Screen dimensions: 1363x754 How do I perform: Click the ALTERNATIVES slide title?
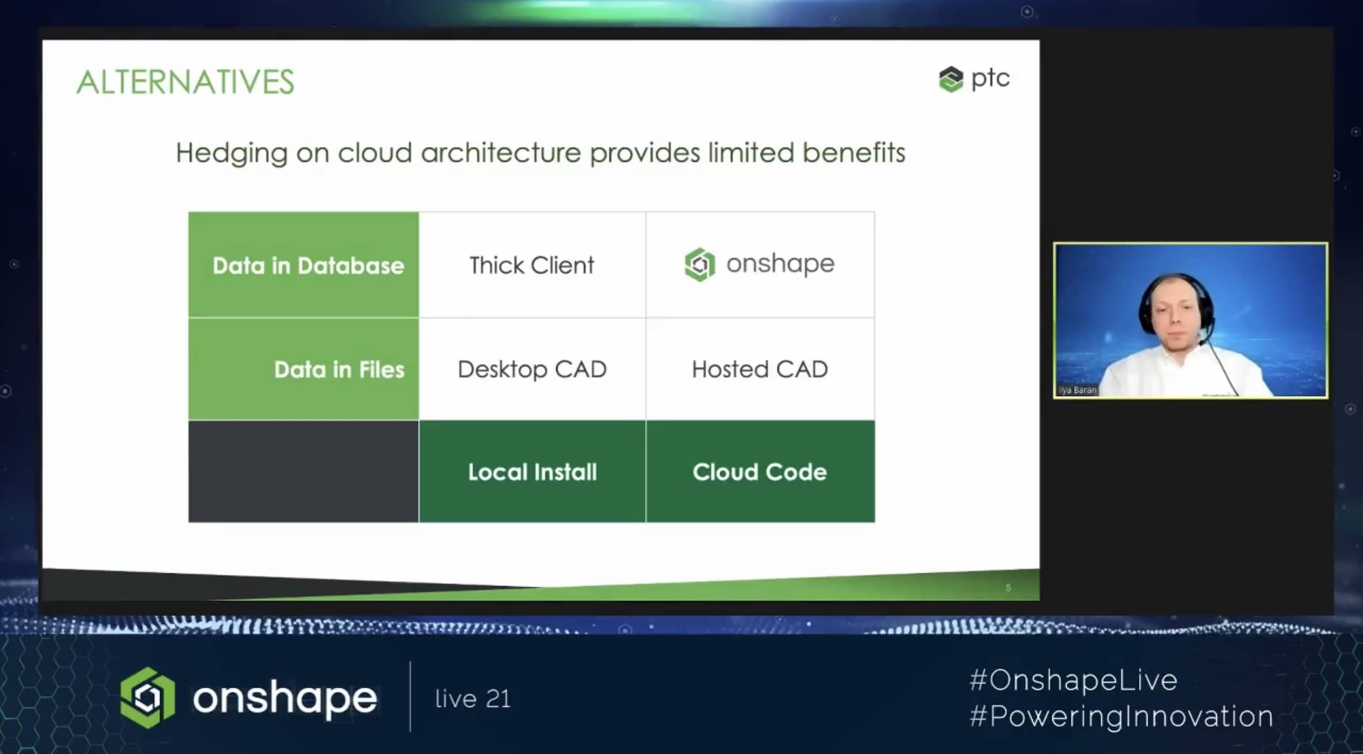pos(185,81)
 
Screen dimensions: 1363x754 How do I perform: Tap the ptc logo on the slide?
pos(974,79)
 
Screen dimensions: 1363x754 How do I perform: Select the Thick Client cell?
pos(532,265)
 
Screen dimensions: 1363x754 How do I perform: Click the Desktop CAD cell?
pos(532,369)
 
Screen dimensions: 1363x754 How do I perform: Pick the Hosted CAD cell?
pos(760,369)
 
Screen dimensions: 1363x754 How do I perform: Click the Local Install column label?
pos(532,472)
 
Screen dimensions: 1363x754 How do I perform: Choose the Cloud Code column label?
pos(760,472)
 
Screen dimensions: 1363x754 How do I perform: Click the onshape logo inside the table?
pos(759,264)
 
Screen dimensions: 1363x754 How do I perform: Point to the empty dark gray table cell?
pos(304,471)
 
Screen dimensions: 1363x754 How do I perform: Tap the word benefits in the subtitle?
pos(854,152)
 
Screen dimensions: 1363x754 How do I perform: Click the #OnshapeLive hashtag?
pos(1073,680)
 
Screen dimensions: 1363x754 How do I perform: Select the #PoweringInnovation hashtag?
pos(1121,716)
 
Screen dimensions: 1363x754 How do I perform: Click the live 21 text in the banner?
pos(473,699)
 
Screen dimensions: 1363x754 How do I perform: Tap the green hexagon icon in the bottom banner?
pos(147,697)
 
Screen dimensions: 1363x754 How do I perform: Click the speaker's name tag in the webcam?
pos(1077,390)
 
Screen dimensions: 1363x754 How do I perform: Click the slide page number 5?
pos(1008,588)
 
